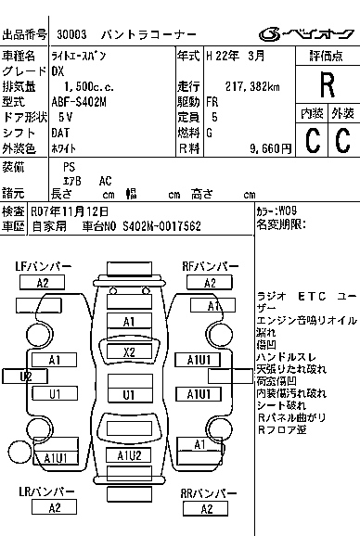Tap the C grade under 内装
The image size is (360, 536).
312,140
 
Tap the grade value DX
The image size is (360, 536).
58,70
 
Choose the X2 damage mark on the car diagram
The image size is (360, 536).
129,351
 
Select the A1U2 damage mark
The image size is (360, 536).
129,454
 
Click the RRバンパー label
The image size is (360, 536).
211,491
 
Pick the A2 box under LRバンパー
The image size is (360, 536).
54,507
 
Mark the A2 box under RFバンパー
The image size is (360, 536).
211,283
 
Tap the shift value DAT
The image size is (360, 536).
61,133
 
